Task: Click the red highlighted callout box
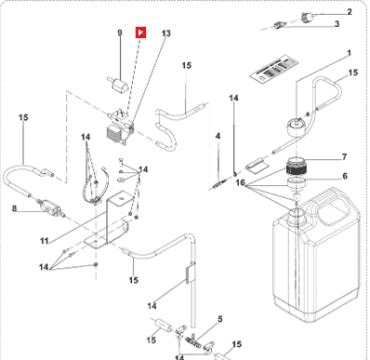point(140,33)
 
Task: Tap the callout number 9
point(119,33)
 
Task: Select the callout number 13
point(165,33)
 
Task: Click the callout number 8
point(15,209)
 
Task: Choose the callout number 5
point(219,319)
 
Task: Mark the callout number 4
point(217,137)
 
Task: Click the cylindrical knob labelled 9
point(119,87)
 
